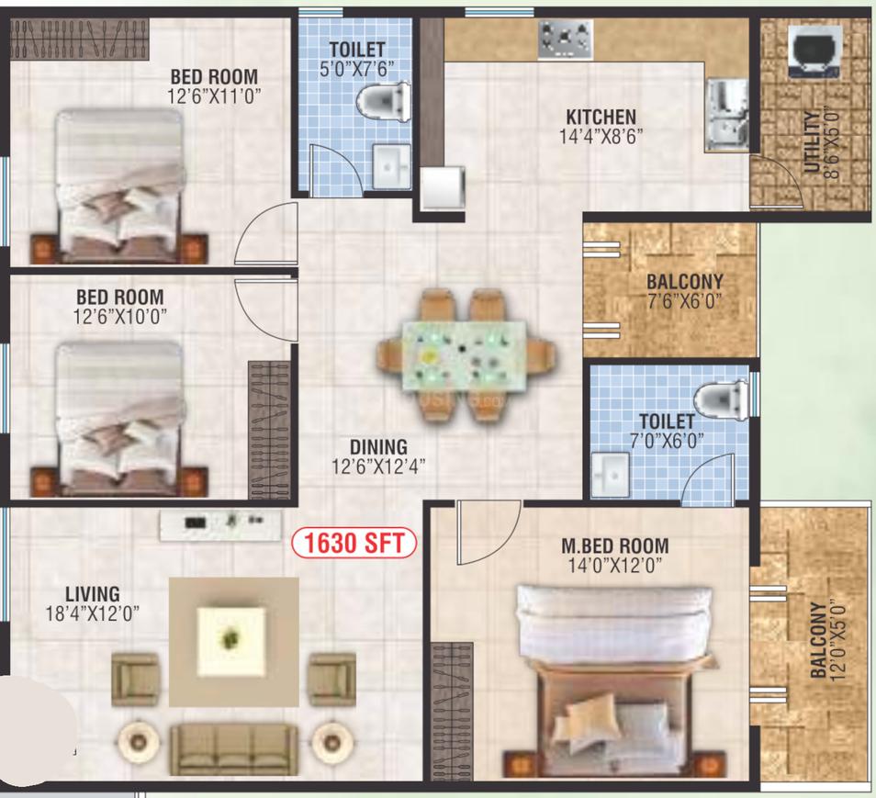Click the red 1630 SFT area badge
pos(354,544)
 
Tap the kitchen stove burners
pos(566,39)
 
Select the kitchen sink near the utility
pos(727,115)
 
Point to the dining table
pos(465,356)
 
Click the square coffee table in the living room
pos(231,642)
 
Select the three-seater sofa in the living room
pos(234,749)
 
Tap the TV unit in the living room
pos(220,524)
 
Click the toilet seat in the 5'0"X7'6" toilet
pos(383,102)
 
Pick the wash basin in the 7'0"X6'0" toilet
pos(611,474)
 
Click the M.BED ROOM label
pos(614,545)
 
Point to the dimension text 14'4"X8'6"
pos(601,137)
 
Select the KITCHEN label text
pos(601,117)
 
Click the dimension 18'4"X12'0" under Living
pos(92,614)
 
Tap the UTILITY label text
pos(811,142)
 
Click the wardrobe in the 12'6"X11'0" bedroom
pos(79,39)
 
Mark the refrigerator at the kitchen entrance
pos(443,187)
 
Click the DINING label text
pos(379,447)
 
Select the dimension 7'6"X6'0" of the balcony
pos(684,302)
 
